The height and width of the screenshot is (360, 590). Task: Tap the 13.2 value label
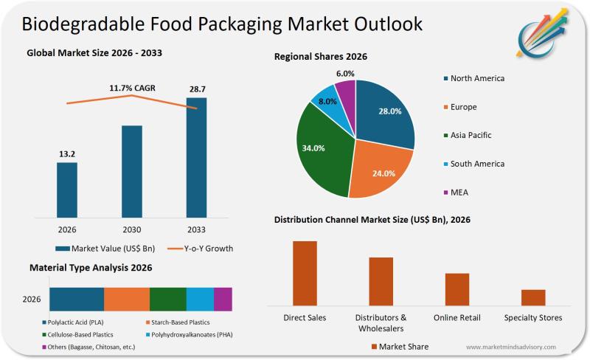coord(67,153)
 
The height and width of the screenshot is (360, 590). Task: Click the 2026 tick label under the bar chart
coord(67,229)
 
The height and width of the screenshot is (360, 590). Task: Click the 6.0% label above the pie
coord(345,73)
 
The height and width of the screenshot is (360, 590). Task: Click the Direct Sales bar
coord(305,273)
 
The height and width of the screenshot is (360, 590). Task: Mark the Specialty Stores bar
coord(533,297)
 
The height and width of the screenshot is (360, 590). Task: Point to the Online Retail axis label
coord(457,318)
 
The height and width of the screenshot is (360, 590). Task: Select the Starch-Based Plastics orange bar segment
coord(127,299)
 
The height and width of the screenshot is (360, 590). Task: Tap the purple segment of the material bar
coord(223,299)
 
